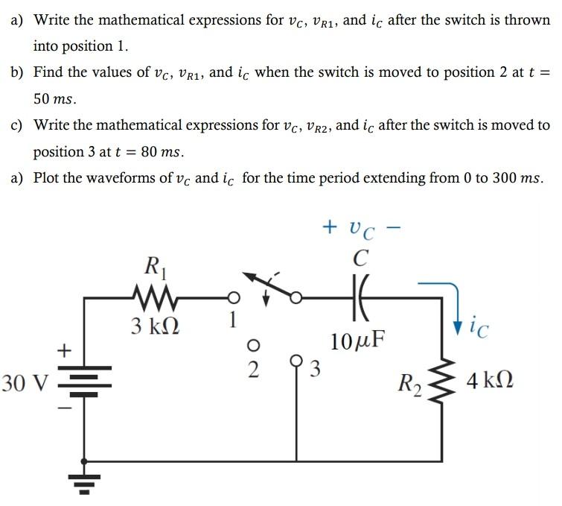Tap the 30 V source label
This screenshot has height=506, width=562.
pyautogui.click(x=25, y=385)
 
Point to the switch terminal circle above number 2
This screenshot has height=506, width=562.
pyautogui.click(x=253, y=345)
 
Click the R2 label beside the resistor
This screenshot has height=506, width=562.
pyautogui.click(x=409, y=386)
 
